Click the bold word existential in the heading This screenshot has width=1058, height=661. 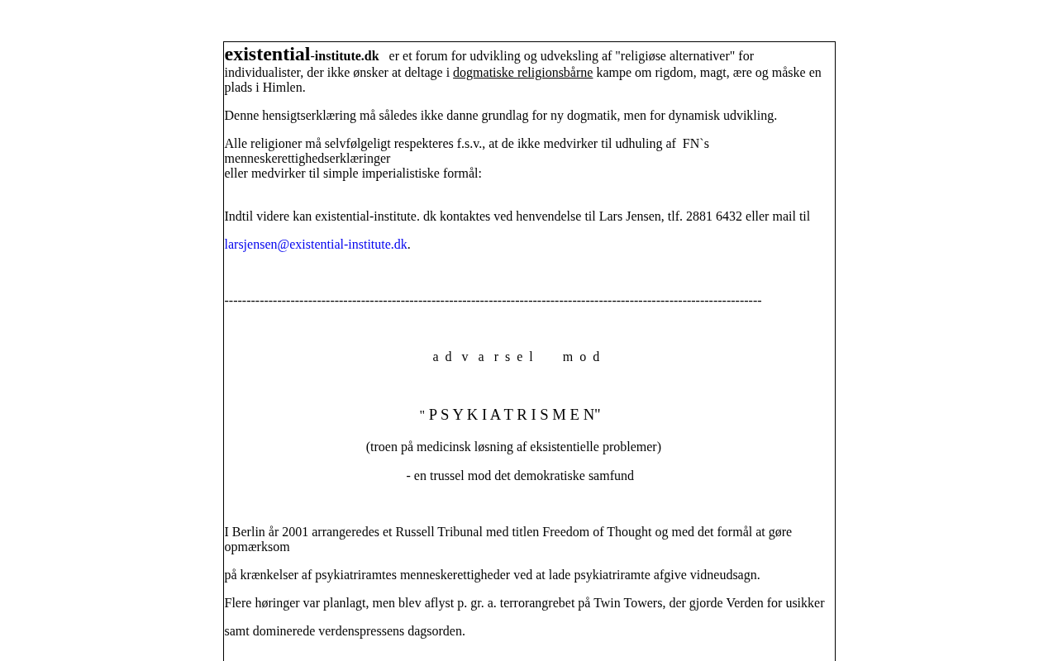coord(267,55)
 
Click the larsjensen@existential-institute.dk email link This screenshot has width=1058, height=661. coord(316,245)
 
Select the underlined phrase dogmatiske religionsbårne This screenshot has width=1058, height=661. coord(522,73)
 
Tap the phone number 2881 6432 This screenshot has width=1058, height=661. coord(714,216)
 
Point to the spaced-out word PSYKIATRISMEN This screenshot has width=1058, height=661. coord(512,415)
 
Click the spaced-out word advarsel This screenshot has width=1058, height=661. coord(484,357)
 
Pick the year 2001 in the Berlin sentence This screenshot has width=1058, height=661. coord(295,532)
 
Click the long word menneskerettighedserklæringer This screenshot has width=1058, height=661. coord(307,159)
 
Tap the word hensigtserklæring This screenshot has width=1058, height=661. coord(303,116)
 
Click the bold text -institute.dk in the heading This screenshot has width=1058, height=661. coord(345,56)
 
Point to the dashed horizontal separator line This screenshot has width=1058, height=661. coord(493,301)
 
